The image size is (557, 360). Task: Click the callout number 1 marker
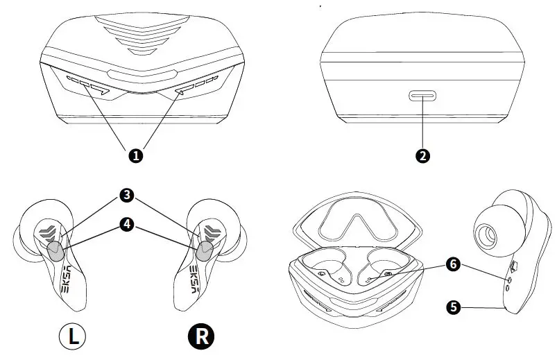click(136, 156)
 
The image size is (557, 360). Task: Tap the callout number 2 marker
click(422, 156)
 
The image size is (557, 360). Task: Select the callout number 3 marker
click(126, 196)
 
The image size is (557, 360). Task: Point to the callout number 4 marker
click(126, 224)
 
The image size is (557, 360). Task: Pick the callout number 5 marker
click(453, 306)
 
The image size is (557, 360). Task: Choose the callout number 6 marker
click(453, 264)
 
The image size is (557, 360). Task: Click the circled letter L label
click(71, 337)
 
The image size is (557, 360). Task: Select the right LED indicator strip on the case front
click(187, 87)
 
